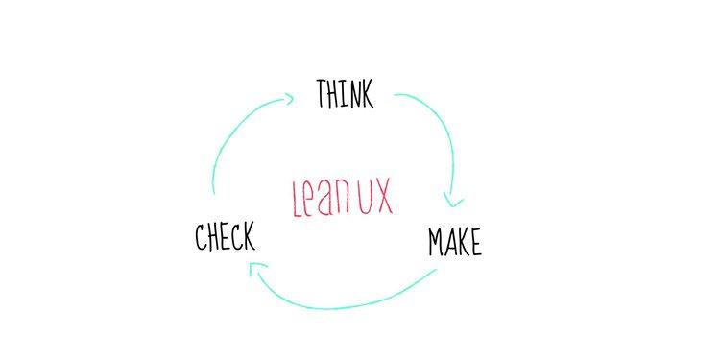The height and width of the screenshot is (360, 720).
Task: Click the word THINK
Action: (345, 93)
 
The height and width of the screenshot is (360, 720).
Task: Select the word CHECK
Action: (225, 236)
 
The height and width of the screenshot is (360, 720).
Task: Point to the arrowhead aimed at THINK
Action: (288, 96)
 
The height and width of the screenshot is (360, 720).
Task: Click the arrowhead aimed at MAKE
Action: (454, 203)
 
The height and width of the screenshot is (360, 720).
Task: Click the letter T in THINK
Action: (323, 93)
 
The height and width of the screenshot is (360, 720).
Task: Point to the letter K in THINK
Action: (365, 94)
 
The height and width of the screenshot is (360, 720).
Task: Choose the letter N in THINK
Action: (351, 93)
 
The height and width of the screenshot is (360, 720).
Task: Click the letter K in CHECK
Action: (250, 236)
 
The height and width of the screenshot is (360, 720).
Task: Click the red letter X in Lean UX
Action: (382, 197)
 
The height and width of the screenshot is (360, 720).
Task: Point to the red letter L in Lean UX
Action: (297, 198)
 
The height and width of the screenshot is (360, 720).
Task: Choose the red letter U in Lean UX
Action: (364, 197)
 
